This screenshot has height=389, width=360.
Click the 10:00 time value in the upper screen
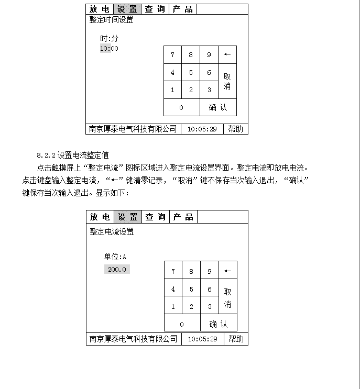(x=109, y=49)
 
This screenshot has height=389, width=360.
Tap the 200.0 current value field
(x=117, y=269)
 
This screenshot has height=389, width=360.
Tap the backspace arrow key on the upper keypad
(x=227, y=55)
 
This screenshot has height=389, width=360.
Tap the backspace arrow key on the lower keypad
(x=227, y=271)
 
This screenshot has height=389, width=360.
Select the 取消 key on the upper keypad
(x=227, y=81)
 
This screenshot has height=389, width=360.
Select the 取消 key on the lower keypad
(x=227, y=298)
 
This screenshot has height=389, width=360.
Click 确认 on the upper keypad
(x=218, y=107)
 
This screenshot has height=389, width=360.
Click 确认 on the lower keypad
(x=219, y=324)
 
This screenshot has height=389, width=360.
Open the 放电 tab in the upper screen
(x=100, y=9)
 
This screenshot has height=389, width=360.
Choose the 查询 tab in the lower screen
(x=156, y=217)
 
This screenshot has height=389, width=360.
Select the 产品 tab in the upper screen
(x=183, y=9)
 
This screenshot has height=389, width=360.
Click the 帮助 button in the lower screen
(x=236, y=339)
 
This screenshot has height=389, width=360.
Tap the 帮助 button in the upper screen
(x=235, y=129)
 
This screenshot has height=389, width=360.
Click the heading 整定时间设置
(x=111, y=20)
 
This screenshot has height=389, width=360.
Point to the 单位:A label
(x=115, y=257)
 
